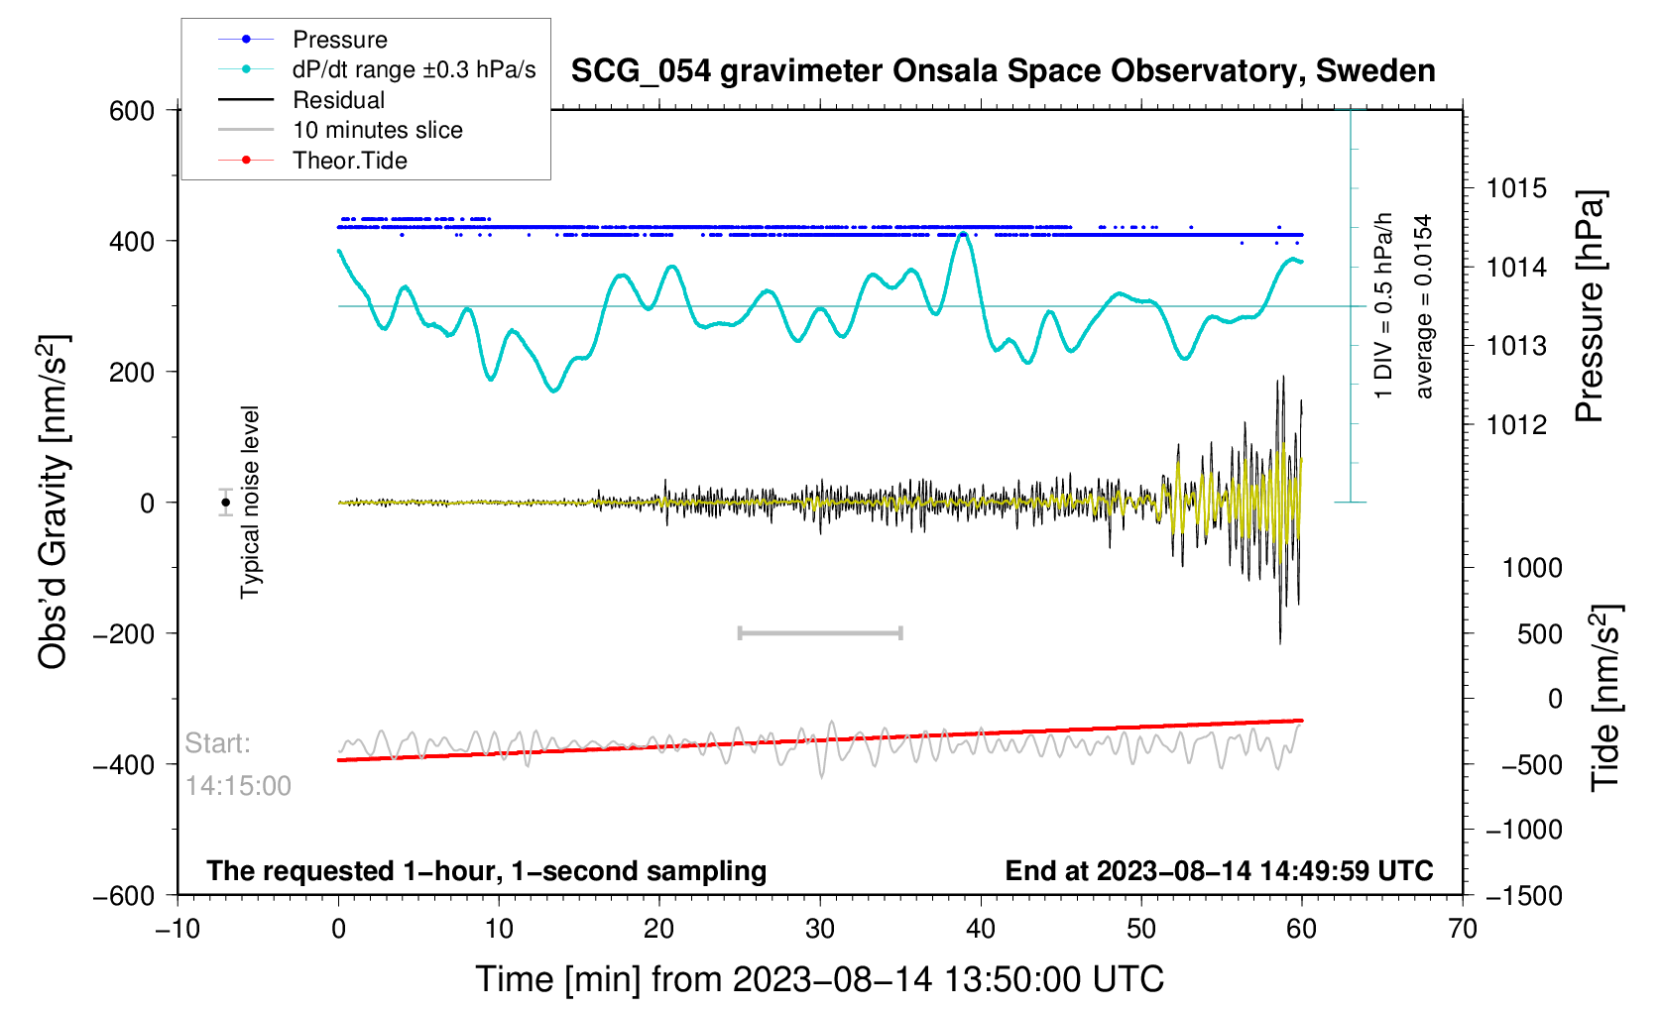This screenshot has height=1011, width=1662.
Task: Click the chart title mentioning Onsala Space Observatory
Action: pyautogui.click(x=1003, y=71)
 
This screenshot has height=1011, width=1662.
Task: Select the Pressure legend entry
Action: pyautogui.click(x=339, y=40)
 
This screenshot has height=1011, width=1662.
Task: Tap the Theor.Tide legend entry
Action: pyautogui.click(x=349, y=161)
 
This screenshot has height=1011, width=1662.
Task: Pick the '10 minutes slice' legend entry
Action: pyautogui.click(x=377, y=130)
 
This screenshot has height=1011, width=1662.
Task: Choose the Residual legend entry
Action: pyautogui.click(x=338, y=100)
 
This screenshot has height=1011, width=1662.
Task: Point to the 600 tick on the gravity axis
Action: pyautogui.click(x=132, y=111)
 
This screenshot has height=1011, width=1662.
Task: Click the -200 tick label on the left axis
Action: pyautogui.click(x=124, y=634)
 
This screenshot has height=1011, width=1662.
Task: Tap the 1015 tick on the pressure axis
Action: pyautogui.click(x=1516, y=188)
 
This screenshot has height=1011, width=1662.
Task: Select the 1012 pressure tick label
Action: pyautogui.click(x=1516, y=425)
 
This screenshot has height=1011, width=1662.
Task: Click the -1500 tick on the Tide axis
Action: pyautogui.click(x=1523, y=896)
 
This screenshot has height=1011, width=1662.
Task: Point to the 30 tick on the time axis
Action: pyautogui.click(x=820, y=929)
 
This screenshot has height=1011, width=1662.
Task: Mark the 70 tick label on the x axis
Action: pyautogui.click(x=1462, y=929)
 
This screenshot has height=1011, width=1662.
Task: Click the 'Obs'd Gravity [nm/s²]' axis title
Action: pyautogui.click(x=54, y=503)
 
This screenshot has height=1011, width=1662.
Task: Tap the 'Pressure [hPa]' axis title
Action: pyautogui.click(x=1590, y=307)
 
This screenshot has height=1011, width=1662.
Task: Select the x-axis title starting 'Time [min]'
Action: pyautogui.click(x=819, y=979)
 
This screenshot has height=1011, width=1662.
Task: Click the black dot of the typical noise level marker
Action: pyautogui.click(x=226, y=503)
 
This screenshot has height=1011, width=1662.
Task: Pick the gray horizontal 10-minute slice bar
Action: pyautogui.click(x=820, y=632)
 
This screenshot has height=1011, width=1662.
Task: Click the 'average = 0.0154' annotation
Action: pyautogui.click(x=1424, y=307)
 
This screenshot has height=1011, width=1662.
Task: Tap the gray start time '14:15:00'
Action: pyautogui.click(x=238, y=786)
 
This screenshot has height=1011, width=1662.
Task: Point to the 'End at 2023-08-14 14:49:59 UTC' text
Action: pyautogui.click(x=1219, y=871)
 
